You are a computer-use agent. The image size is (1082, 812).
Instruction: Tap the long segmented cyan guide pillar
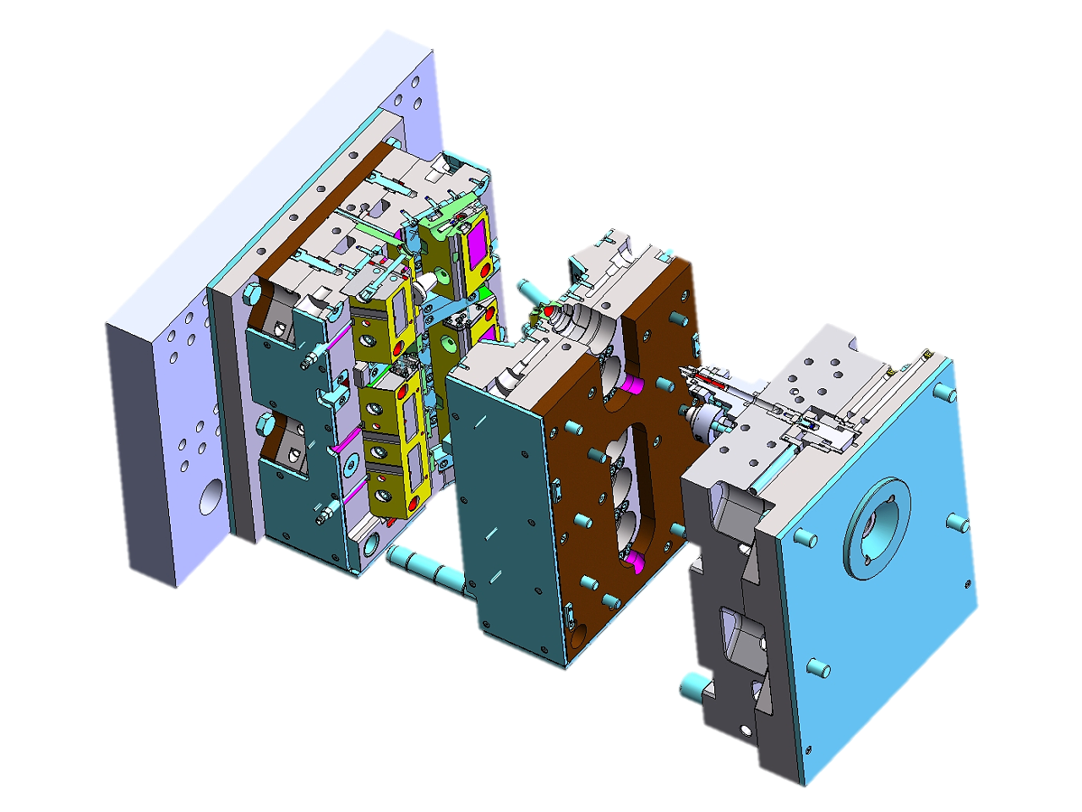[424, 568]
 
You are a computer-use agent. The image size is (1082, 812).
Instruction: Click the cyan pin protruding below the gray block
[693, 685]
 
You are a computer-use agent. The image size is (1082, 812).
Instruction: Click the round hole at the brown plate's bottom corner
[579, 631]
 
